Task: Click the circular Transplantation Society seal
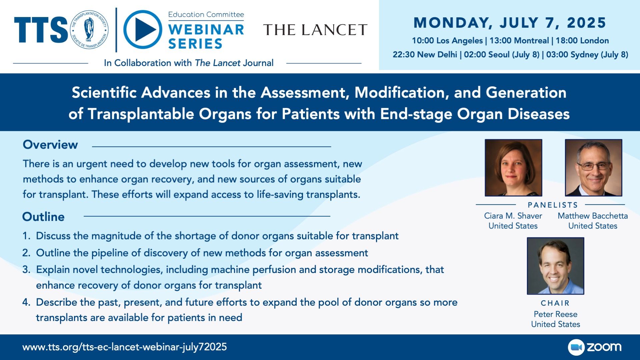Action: pos(89,30)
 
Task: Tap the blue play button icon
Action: pos(143,30)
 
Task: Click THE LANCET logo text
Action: pos(315,30)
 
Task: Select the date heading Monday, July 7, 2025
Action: pos(510,23)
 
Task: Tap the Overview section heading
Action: pos(50,145)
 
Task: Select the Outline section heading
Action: pos(43,217)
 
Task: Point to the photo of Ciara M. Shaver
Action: pos(513,168)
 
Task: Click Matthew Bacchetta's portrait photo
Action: pos(594,168)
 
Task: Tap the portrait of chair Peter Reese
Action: pos(556,266)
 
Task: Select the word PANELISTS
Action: pos(553,205)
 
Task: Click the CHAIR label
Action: pos(555,303)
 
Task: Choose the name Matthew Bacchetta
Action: pos(593,216)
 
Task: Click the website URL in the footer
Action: pos(125,347)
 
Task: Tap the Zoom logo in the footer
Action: pos(595,347)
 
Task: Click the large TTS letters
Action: pos(41,30)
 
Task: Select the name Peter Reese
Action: pos(556,314)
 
